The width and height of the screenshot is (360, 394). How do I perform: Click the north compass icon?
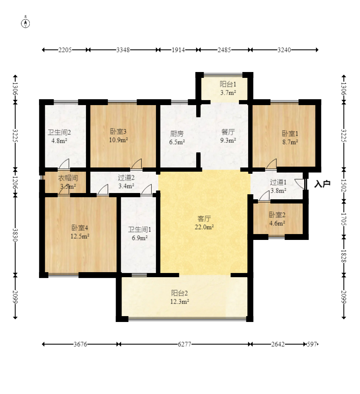[26, 23]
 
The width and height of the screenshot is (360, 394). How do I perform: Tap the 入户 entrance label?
[322, 184]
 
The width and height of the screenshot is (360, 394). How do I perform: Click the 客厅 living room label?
[204, 219]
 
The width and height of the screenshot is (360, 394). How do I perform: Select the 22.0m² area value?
[204, 227]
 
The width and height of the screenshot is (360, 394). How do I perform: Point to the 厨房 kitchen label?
[177, 134]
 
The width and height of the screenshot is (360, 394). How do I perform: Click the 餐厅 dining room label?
[228, 132]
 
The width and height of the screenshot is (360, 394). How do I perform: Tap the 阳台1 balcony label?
[228, 84]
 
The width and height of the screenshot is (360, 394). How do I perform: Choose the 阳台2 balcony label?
[179, 293]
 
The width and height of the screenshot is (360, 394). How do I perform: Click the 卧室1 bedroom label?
[290, 134]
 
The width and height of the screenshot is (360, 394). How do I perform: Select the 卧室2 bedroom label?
[277, 215]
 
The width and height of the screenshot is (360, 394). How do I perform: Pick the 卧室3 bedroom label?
[118, 131]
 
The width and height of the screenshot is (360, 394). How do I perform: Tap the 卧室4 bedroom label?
[80, 228]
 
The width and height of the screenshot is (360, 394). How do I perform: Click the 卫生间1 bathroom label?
[140, 229]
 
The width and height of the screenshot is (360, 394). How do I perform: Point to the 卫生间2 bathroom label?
[59, 132]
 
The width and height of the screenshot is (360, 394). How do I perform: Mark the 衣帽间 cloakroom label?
[68, 178]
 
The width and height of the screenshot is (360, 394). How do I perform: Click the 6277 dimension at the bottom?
[184, 344]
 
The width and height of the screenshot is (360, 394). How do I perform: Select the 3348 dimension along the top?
[123, 50]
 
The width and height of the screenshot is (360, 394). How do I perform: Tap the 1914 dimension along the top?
[178, 50]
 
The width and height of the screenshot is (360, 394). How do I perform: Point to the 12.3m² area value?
[179, 301]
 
